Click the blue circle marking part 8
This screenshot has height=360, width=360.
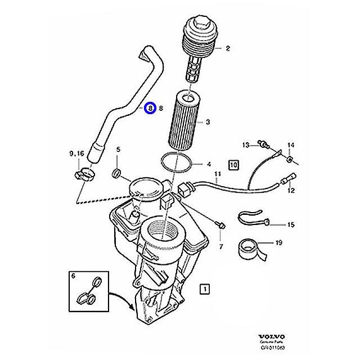click(x=150, y=108)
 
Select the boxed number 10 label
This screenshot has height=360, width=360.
click(x=233, y=165)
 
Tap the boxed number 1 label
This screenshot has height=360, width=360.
click(x=206, y=289)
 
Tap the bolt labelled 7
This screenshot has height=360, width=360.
click(x=222, y=224)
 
